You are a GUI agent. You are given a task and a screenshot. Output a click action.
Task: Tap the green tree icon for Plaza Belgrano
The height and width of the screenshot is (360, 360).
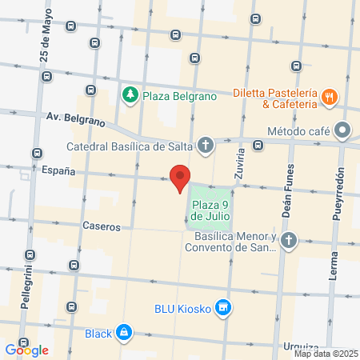[x=130, y=96]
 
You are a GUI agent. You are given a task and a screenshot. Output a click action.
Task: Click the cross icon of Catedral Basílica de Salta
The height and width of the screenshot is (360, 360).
[x=206, y=146]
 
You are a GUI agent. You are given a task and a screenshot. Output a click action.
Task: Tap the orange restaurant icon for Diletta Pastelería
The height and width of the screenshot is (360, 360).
[x=329, y=98]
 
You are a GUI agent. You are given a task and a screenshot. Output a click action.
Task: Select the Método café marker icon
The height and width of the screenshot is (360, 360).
[x=343, y=129]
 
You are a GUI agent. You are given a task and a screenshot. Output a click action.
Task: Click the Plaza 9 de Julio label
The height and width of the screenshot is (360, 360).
[x=211, y=210]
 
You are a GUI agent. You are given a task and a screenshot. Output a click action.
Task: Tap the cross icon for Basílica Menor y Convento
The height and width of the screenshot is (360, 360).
[x=289, y=240]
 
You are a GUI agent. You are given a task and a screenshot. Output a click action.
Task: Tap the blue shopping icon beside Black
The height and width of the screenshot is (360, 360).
[x=123, y=332]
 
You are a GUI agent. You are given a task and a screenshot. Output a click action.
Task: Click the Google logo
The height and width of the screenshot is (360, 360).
[x=26, y=350]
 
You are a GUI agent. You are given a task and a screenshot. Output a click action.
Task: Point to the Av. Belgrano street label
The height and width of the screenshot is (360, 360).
[x=75, y=120]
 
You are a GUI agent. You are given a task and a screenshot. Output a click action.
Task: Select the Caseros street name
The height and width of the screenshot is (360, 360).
[x=101, y=226]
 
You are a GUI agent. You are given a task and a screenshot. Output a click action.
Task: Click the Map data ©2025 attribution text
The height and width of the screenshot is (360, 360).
[x=326, y=354]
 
